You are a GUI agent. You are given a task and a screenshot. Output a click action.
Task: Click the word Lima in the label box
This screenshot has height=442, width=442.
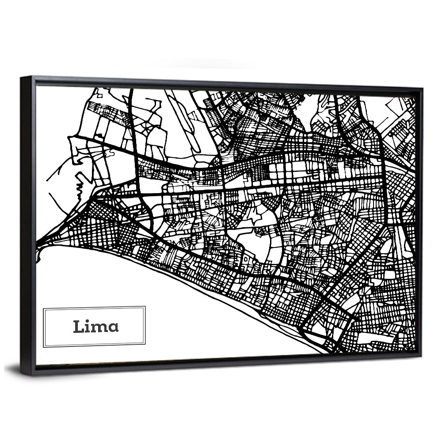coord(95,327)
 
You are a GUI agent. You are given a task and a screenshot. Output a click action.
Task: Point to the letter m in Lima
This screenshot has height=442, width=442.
coord(100,328)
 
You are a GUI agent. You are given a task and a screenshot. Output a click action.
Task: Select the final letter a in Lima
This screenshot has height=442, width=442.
coord(114,328)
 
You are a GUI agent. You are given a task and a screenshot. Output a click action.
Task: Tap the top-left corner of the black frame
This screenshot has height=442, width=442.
coord(21,78)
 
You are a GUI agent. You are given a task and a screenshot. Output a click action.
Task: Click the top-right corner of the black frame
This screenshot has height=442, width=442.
coord(422,89)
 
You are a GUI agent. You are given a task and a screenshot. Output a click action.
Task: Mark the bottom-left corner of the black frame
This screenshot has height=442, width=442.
coord(21,374)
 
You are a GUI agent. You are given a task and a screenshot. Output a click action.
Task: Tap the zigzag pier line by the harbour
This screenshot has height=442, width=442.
coord(80,186)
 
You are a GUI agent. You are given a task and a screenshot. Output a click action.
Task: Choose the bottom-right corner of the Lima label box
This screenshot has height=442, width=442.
coord(145,347)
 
